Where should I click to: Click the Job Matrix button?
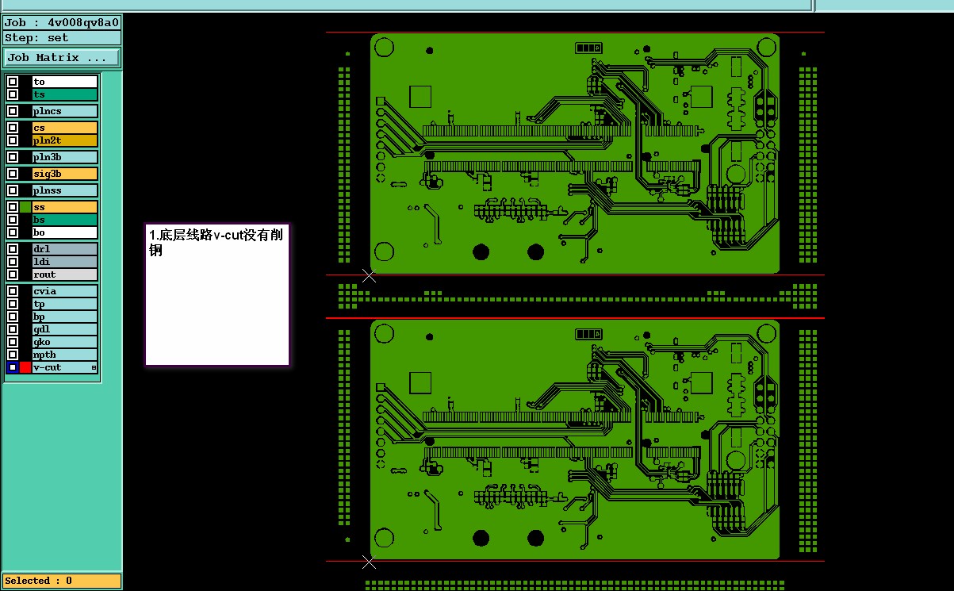coord(61,58)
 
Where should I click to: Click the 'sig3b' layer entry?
coord(65,174)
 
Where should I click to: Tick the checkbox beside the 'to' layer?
coord(13,82)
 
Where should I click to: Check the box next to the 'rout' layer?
coord(13,274)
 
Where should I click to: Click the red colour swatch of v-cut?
coord(25,367)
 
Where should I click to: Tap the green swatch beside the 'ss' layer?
coord(25,207)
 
